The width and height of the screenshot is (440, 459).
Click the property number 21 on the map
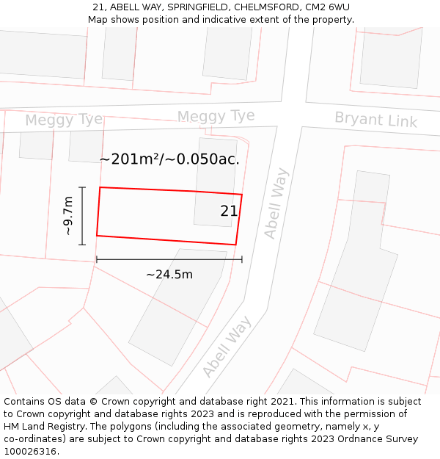pos(229,212)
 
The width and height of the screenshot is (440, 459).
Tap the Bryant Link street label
pos(375,119)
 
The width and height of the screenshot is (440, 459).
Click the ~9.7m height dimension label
pos(68,215)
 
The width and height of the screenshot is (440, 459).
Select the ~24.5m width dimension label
pos(169,275)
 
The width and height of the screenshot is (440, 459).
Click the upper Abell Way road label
pos(276,203)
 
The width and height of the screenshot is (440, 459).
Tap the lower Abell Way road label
pos(227,347)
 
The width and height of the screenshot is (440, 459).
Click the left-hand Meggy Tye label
pos(64,120)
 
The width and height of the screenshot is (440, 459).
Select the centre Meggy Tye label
pos(216,116)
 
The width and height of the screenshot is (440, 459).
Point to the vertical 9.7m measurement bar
pos(82,215)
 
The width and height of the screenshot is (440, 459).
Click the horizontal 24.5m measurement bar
pos(169,259)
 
